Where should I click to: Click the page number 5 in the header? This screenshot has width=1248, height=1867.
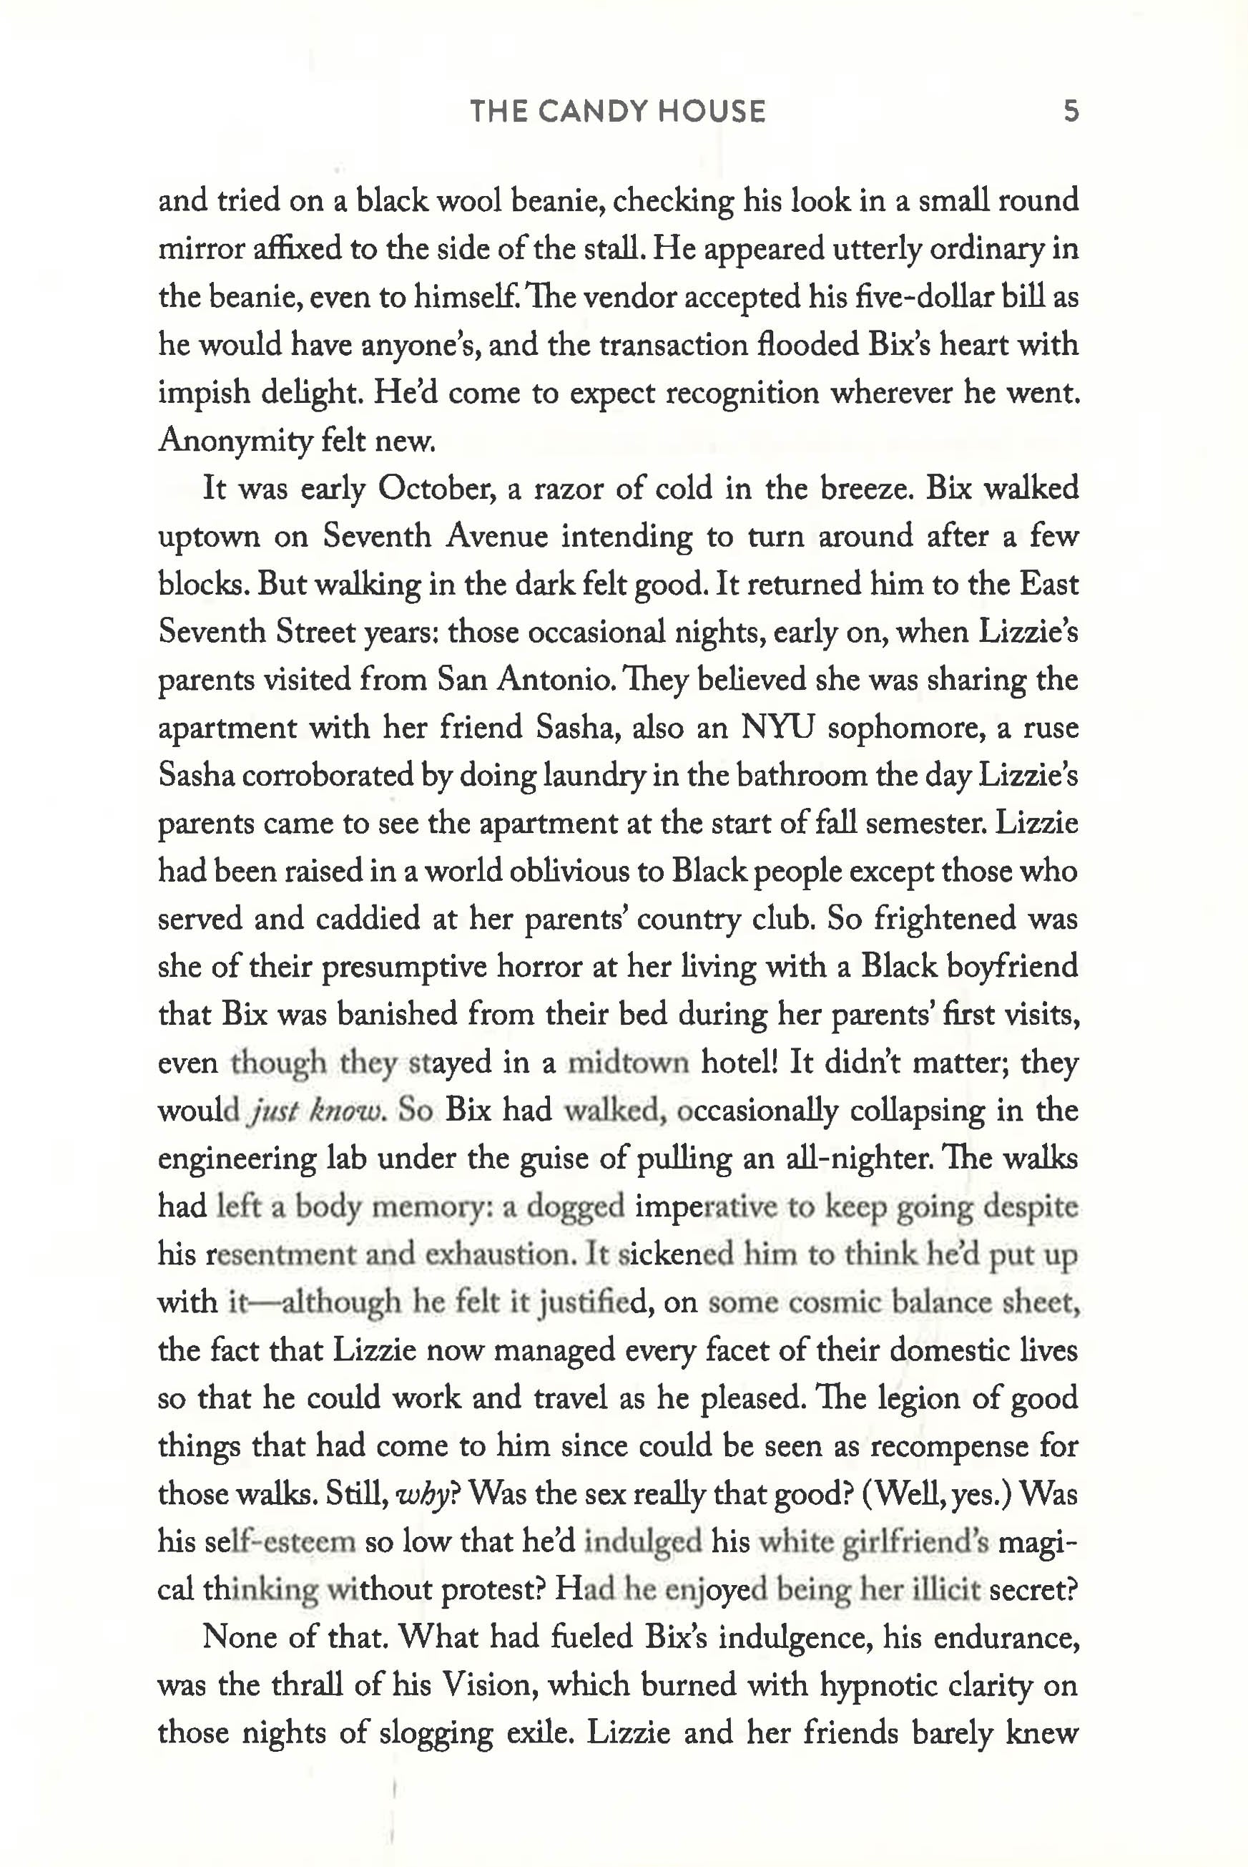coord(1071,111)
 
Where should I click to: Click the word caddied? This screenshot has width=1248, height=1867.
coord(368,920)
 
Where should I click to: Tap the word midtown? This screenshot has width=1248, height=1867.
coord(627,1063)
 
